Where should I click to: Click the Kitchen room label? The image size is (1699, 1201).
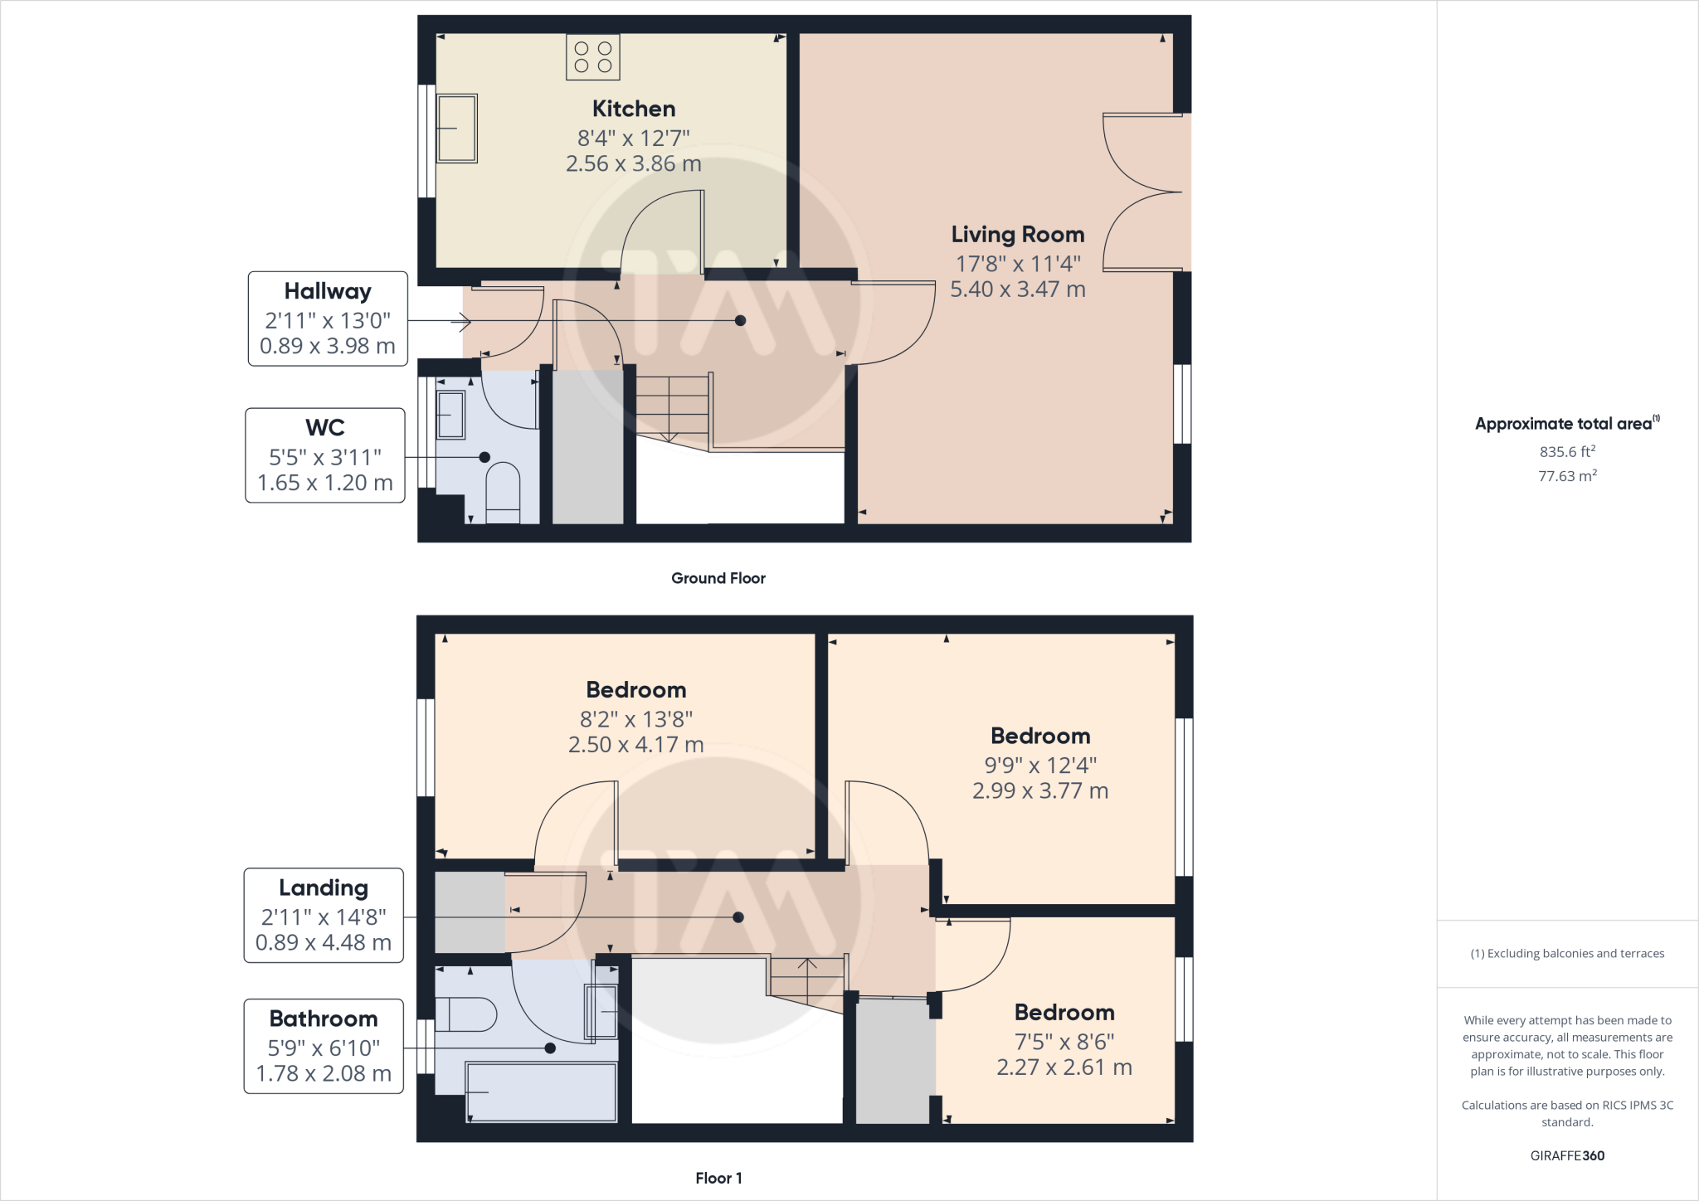tap(633, 109)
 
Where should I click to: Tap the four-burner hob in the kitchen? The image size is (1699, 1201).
tap(592, 57)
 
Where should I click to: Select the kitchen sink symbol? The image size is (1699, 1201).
tap(456, 129)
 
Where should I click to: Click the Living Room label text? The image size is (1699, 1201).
tap(1017, 235)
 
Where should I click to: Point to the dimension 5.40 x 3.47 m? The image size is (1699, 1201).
tap(1017, 289)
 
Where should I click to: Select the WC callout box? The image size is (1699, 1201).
tap(325, 455)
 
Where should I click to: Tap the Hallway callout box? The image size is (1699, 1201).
tap(328, 318)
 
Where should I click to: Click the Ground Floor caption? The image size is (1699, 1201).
tap(718, 578)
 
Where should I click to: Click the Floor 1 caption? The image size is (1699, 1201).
tap(718, 1178)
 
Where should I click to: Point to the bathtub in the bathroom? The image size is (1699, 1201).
tap(541, 1092)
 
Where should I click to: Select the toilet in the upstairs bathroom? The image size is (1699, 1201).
tap(465, 1014)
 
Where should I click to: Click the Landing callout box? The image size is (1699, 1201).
tap(324, 915)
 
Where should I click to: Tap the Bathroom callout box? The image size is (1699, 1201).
tap(324, 1046)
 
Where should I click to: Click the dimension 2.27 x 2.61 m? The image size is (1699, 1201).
tap(1064, 1067)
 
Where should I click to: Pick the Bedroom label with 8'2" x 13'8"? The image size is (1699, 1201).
tap(635, 690)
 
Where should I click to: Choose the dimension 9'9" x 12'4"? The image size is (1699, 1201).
tap(1040, 765)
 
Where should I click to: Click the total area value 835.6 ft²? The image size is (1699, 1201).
tap(1567, 452)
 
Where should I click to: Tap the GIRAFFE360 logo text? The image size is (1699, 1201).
tap(1567, 1155)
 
